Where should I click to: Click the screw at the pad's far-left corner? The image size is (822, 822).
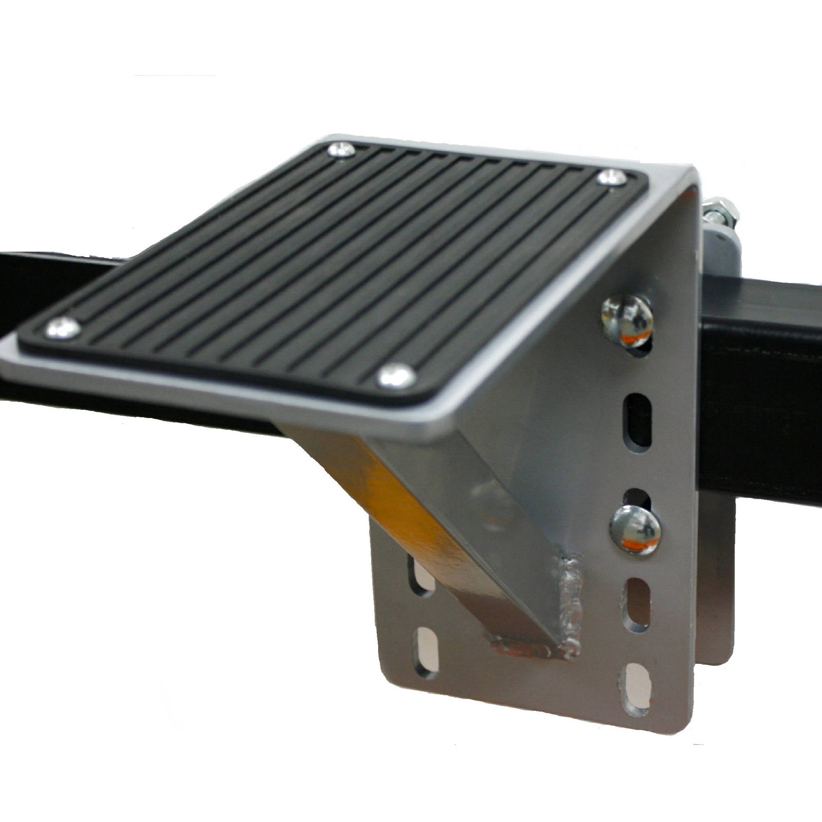62,328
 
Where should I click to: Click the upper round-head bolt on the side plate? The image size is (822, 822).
627,320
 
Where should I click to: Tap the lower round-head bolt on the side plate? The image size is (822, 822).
636,529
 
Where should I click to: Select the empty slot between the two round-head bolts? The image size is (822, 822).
638,419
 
